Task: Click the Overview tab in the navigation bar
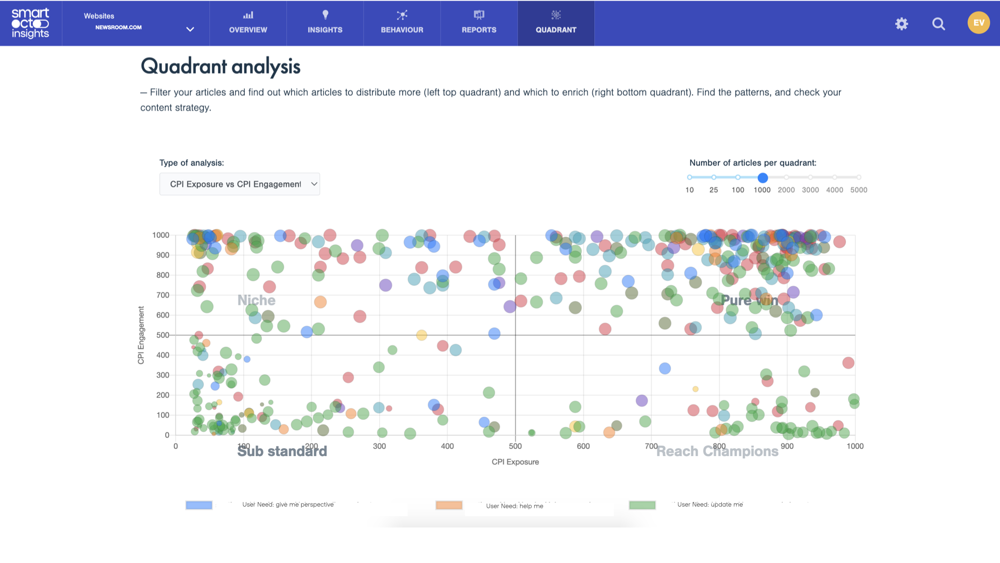[x=248, y=23]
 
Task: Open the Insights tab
[x=325, y=23]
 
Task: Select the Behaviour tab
[x=402, y=23]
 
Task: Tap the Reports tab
[x=479, y=23]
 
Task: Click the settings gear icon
[x=902, y=23]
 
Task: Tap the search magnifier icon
[x=939, y=23]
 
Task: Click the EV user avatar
[x=979, y=23]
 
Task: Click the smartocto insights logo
[x=30, y=23]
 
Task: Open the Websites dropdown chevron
[x=190, y=29]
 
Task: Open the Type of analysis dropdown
[x=240, y=184]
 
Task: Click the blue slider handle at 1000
[x=762, y=178]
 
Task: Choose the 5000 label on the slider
[x=859, y=190]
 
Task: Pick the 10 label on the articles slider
[x=690, y=190]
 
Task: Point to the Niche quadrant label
[x=256, y=300]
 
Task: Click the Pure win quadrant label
[x=749, y=300]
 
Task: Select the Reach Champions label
[x=717, y=451]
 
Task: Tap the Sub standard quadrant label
[x=282, y=451]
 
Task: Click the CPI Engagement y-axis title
[x=141, y=335]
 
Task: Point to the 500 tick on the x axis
[x=515, y=446]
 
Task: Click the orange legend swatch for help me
[x=449, y=505]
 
